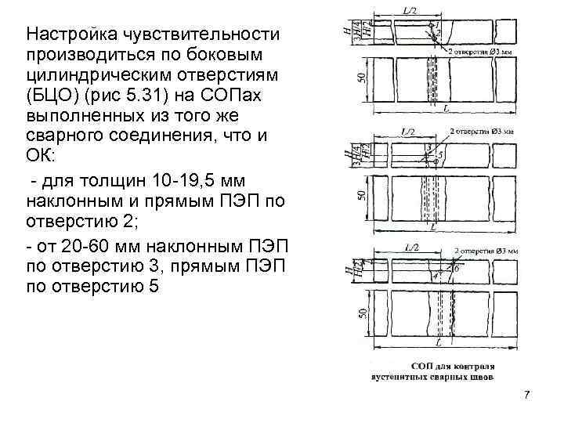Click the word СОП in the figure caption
click(423, 366)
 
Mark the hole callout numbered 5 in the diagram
click(440, 154)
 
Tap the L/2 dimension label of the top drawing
click(410, 9)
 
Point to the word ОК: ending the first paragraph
click(39, 150)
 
